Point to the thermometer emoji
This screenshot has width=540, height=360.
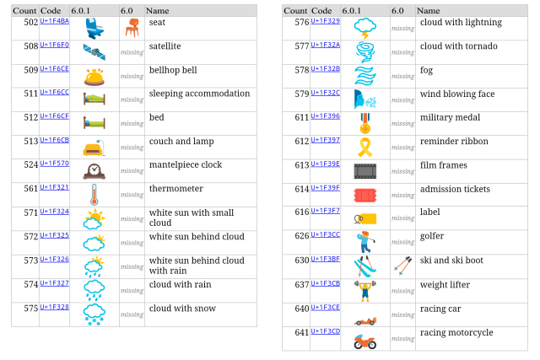tap(94, 196)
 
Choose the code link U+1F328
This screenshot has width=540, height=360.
tap(54, 307)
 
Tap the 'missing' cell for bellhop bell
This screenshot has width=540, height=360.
tap(132, 76)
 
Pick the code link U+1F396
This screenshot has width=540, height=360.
tap(325, 116)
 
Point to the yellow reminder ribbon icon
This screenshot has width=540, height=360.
tap(365, 147)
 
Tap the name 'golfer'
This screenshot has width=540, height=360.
tap(432, 236)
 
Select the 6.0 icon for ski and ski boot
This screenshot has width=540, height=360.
tap(402, 266)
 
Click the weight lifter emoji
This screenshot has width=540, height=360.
tap(365, 291)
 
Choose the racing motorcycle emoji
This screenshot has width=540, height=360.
tap(365, 340)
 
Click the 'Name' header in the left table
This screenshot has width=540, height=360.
tap(158, 10)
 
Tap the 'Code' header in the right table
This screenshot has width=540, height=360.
tap(321, 10)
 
